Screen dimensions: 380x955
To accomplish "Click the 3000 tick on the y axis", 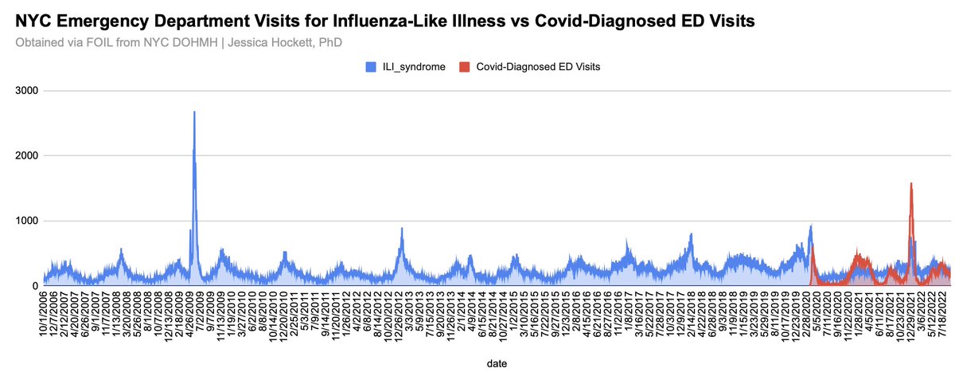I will (x=26, y=91).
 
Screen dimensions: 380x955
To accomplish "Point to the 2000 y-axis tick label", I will (x=26, y=155).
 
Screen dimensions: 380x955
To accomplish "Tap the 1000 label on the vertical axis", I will (x=26, y=221).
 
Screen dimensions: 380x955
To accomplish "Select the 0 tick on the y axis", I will (x=36, y=285).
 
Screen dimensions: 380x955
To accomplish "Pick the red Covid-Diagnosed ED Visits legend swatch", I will (x=465, y=68).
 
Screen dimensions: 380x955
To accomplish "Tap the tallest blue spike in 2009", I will (x=194, y=113).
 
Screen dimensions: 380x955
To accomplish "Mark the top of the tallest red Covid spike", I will (x=910, y=184).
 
